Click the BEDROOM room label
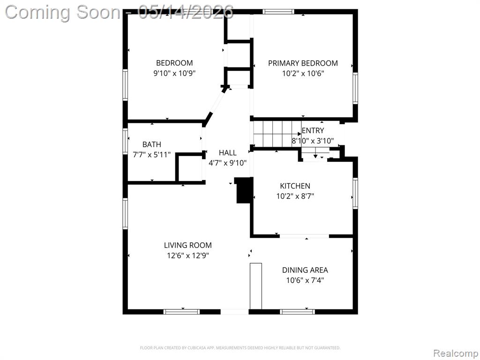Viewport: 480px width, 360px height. (174, 63)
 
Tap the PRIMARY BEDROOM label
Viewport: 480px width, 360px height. (303, 63)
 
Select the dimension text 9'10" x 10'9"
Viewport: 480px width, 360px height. (174, 74)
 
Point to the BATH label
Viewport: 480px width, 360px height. (152, 144)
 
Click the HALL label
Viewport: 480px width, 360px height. (227, 153)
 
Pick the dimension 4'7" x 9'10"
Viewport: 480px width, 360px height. (227, 163)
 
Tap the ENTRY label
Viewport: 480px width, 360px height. (313, 131)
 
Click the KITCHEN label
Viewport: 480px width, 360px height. (295, 186)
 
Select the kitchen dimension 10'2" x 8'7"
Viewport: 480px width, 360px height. (295, 196)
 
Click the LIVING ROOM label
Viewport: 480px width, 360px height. (188, 245)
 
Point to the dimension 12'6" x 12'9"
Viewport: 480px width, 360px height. (188, 255)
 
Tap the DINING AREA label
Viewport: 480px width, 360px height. (305, 270)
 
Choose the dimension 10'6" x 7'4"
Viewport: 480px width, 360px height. (305, 280)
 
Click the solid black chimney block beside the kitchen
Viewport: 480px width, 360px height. (244, 190)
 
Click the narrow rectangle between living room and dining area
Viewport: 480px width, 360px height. (256, 286)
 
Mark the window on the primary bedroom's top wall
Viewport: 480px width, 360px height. (278, 12)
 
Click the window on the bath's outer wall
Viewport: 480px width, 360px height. (125, 141)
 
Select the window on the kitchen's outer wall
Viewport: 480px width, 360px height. (355, 194)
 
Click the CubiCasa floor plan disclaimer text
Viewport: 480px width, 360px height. (240, 348)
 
